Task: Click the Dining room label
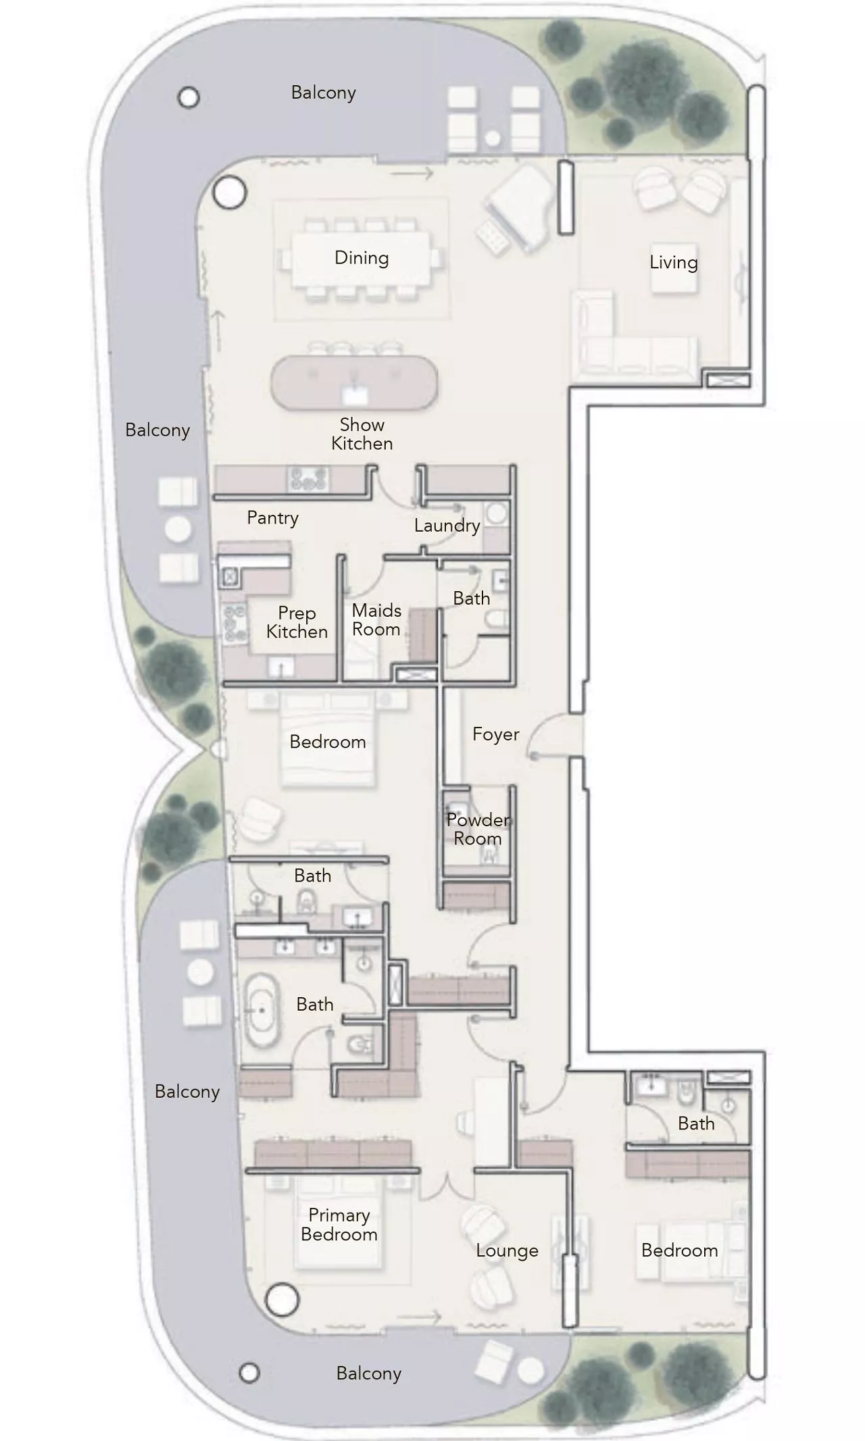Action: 362,257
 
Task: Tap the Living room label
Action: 673,262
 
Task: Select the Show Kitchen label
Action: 362,434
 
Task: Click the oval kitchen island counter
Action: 354,383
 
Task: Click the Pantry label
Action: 272,517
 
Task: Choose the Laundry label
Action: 447,525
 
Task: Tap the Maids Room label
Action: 376,620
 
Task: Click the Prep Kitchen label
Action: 297,622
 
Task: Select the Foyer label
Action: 495,734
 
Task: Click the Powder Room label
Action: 478,829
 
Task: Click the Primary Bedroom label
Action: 339,1224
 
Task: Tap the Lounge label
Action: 507,1250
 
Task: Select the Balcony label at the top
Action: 323,93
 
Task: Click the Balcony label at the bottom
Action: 368,1373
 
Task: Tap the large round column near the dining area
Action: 230,193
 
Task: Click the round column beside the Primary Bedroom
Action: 282,1299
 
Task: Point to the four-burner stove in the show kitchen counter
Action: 309,480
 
